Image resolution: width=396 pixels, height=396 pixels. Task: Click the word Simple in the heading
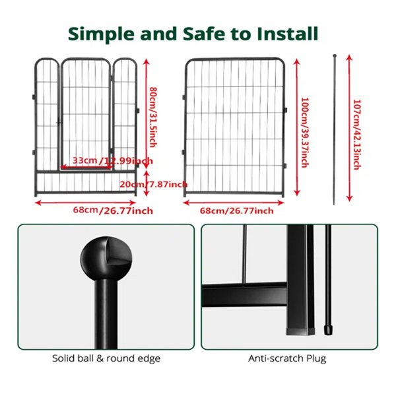pyautogui.click(x=101, y=34)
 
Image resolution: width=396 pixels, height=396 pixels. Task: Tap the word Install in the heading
pyautogui.click(x=287, y=34)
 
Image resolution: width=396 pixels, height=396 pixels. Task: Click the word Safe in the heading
pyautogui.click(x=204, y=34)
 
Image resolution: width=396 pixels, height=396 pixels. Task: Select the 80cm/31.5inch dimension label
pyautogui.click(x=153, y=117)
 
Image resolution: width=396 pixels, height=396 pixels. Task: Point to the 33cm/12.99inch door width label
pyautogui.click(x=113, y=160)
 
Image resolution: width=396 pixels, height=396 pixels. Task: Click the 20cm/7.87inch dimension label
pyautogui.click(x=154, y=184)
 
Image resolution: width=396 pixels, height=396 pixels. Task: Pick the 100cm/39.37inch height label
pyautogui.click(x=305, y=133)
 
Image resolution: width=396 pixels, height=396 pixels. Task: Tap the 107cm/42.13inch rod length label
pyautogui.click(x=357, y=135)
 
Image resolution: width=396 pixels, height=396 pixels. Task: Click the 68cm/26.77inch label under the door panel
pyautogui.click(x=113, y=211)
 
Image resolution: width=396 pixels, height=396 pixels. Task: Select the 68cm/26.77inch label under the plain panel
pyautogui.click(x=237, y=211)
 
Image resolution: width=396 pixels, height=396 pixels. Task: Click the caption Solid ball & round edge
pyautogui.click(x=106, y=358)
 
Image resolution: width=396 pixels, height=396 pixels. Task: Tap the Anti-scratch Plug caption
pyautogui.click(x=287, y=358)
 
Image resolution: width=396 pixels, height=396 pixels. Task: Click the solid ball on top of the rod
pyautogui.click(x=106, y=258)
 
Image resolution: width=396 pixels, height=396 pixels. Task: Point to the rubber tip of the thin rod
pyautogui.click(x=328, y=330)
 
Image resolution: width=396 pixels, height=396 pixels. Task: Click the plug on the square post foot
pyautogui.click(x=300, y=331)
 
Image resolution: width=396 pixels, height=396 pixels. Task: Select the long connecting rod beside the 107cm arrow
pyautogui.click(x=335, y=129)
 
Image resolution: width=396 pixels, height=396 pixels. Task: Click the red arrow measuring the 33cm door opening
pyautogui.click(x=86, y=167)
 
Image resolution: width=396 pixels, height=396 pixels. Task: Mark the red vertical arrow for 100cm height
pyautogui.click(x=297, y=127)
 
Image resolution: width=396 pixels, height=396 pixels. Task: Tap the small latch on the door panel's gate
pyautogui.click(x=59, y=123)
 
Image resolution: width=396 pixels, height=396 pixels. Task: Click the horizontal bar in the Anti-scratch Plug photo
pyautogui.click(x=244, y=295)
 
